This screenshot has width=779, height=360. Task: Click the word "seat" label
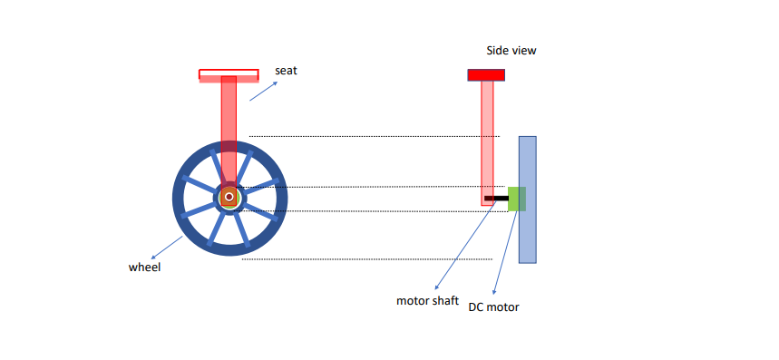(286, 70)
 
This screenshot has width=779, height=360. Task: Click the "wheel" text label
(144, 268)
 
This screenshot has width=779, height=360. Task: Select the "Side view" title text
(511, 51)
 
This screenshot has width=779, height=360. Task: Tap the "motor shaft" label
(428, 300)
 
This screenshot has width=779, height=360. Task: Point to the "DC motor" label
(493, 307)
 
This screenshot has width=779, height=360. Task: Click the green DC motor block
(516, 199)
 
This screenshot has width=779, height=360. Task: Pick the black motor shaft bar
(496, 198)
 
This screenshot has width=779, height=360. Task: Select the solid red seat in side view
(486, 74)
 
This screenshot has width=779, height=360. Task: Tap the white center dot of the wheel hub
(230, 197)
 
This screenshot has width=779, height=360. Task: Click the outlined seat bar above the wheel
(229, 75)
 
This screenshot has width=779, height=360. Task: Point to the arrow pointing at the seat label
(263, 88)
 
